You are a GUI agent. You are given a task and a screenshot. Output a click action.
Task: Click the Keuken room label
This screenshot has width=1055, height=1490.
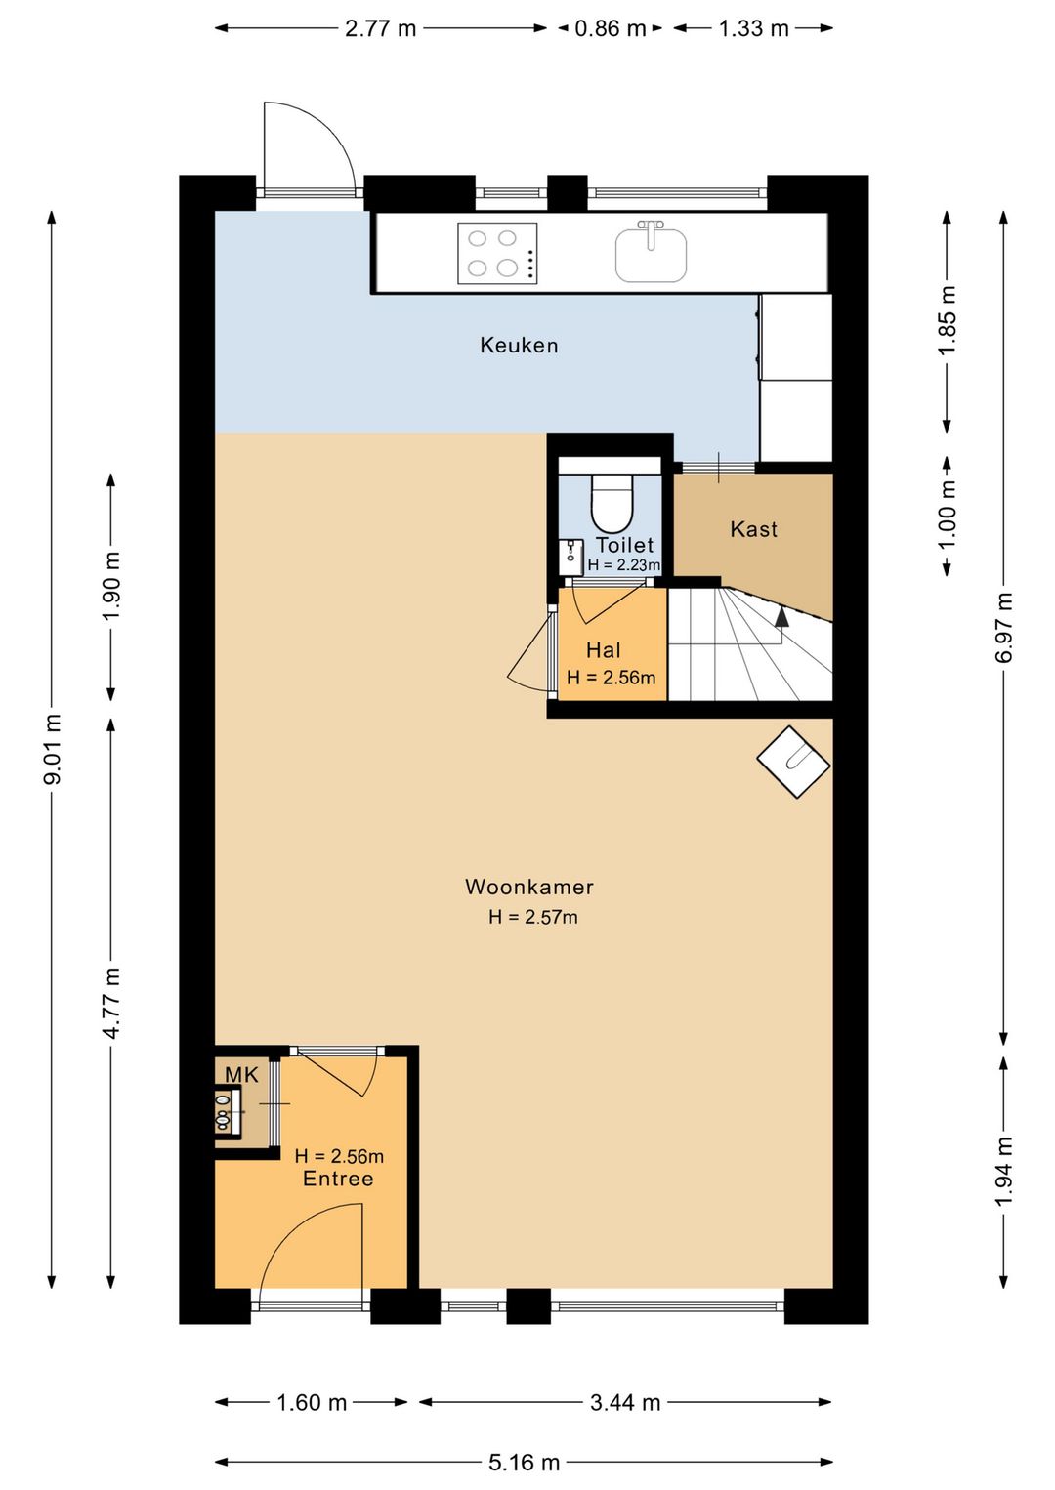519,346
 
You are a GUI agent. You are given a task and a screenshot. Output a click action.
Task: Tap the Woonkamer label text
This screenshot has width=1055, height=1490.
529,887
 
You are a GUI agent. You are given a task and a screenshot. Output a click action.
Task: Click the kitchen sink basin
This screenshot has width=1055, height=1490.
651,255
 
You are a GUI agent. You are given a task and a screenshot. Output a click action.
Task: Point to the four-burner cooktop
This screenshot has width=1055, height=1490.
497,254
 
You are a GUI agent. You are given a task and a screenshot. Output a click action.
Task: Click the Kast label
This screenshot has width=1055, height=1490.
753,529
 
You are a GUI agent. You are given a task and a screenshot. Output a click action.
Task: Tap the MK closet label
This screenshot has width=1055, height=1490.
241,1075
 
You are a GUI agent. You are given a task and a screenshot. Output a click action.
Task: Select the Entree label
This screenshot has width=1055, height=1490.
338,1179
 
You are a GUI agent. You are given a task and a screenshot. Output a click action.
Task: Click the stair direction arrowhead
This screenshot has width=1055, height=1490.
781,618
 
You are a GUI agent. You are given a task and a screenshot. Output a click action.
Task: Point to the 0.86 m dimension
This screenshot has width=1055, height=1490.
611,28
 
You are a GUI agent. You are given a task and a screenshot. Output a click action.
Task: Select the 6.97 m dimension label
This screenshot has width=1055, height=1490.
1004,627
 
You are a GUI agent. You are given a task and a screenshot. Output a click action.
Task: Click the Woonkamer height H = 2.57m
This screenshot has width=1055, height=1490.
533,917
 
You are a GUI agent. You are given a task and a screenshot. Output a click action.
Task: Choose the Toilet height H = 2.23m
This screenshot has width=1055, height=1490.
624,565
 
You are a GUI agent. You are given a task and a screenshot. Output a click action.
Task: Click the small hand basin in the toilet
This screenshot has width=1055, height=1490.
570,558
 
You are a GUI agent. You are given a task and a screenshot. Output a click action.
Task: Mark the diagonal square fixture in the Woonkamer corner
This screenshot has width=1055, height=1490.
793,762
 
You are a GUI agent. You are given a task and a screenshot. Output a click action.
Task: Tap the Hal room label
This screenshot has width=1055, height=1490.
604,650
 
